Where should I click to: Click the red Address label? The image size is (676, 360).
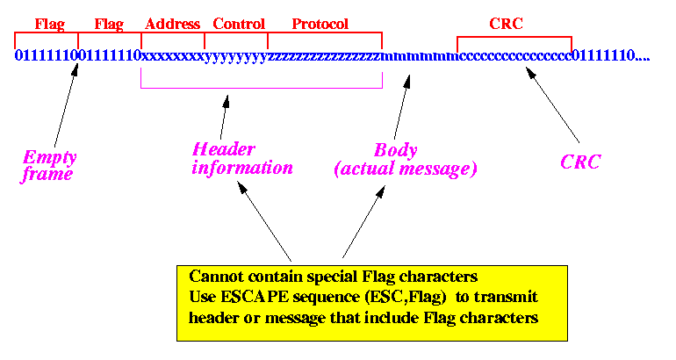tap(172, 24)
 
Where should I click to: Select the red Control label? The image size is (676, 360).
tap(239, 24)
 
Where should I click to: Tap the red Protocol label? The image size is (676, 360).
tap(320, 24)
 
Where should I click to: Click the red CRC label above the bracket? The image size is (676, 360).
tap(506, 24)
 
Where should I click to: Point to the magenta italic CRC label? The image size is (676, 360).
tap(580, 162)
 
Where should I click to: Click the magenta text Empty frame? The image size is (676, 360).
tap(49, 167)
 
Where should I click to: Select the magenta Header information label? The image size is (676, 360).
tap(241, 159)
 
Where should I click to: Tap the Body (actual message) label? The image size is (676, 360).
tap(406, 160)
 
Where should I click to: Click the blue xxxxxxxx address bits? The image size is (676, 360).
tap(173, 56)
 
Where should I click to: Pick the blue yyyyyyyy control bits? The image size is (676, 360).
tap(236, 57)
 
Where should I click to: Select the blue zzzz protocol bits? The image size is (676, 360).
tap(325, 56)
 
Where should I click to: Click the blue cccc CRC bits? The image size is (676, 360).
tap(514, 56)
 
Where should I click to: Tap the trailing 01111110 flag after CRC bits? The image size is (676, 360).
tap(603, 55)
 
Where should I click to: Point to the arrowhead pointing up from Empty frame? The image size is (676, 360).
tap(75, 70)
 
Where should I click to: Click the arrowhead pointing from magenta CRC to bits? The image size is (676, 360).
tap(531, 72)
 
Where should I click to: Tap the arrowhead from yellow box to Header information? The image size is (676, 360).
tap(241, 187)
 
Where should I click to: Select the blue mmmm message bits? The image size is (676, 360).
tap(420, 56)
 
